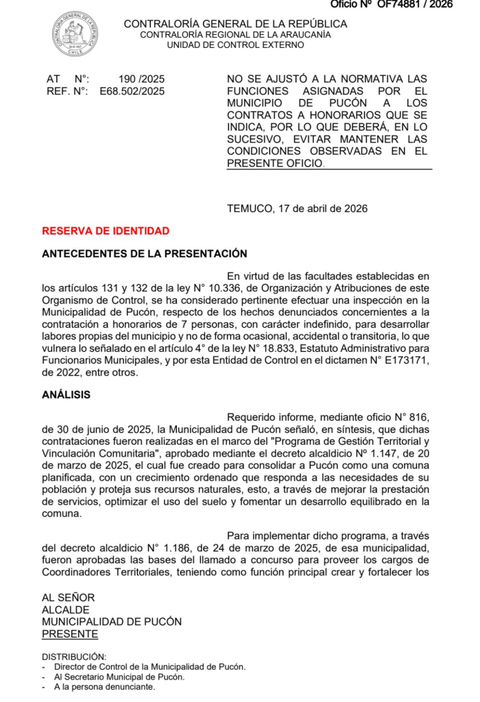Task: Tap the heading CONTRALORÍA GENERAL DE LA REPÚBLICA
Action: coord(235,24)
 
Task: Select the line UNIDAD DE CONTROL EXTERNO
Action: coord(235,45)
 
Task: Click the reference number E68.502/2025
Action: coord(132,90)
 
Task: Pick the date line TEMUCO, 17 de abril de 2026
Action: coord(297,208)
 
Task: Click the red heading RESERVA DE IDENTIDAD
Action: coord(106,231)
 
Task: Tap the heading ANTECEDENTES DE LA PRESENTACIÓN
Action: coord(145,254)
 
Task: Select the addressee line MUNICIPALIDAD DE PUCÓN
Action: coord(112,622)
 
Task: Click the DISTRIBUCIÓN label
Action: coord(74,656)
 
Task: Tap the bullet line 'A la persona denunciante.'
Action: coord(104,686)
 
